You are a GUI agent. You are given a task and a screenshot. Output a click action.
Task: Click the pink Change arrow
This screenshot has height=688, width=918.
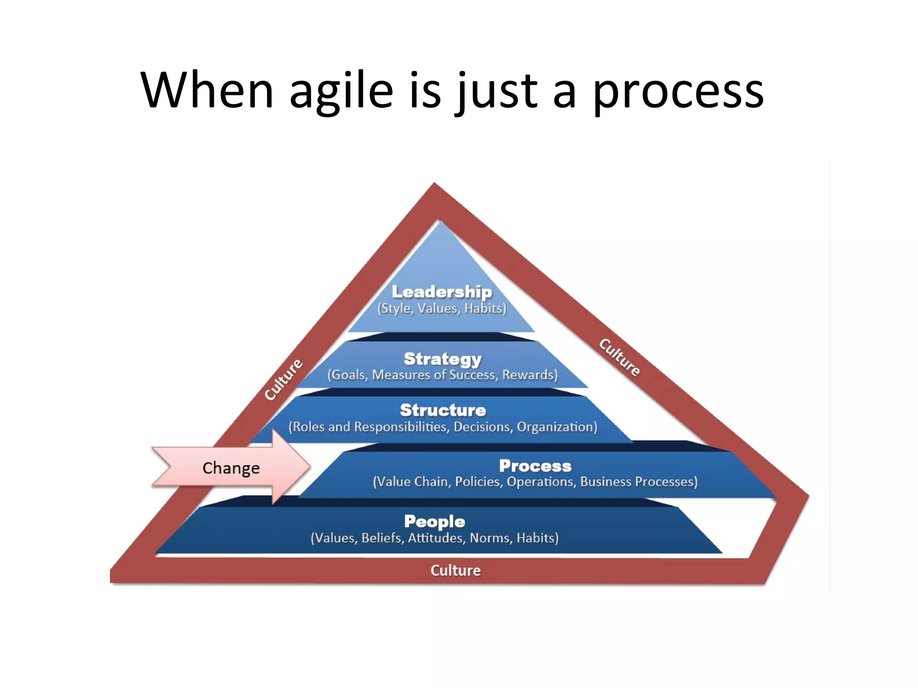pos(231,468)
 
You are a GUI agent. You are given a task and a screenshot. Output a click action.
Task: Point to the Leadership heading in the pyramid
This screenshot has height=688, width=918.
pos(442,292)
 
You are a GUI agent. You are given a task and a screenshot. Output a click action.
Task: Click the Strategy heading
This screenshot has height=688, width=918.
pos(442,359)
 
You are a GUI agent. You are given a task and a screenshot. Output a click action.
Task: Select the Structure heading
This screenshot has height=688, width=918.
pos(443,410)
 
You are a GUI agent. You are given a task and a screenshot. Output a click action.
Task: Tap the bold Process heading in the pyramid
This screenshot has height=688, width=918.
pos(535,466)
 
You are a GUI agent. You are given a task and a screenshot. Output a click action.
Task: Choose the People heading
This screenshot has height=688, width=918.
pos(434,521)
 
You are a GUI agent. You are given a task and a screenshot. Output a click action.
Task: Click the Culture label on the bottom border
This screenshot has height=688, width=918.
pos(455,570)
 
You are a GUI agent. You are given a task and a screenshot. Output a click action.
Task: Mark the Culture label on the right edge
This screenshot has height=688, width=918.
pos(620,357)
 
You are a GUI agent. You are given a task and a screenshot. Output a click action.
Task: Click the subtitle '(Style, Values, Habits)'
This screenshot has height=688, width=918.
pos(442,309)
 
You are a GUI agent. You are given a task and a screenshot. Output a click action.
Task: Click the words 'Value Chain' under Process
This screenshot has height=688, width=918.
pos(412,482)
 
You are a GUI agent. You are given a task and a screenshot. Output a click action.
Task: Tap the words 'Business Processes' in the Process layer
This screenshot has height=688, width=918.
pos(639,482)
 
